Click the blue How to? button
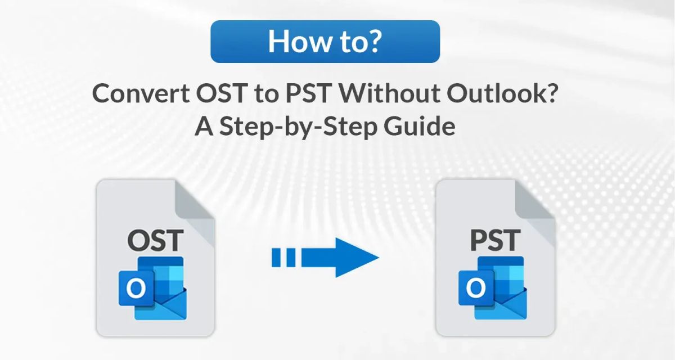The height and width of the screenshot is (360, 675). (x=325, y=42)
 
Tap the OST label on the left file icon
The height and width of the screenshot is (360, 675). (x=155, y=240)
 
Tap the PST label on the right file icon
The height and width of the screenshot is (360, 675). (x=495, y=240)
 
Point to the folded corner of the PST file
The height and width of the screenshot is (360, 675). (x=534, y=200)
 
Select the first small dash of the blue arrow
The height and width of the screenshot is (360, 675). (x=277, y=258)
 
